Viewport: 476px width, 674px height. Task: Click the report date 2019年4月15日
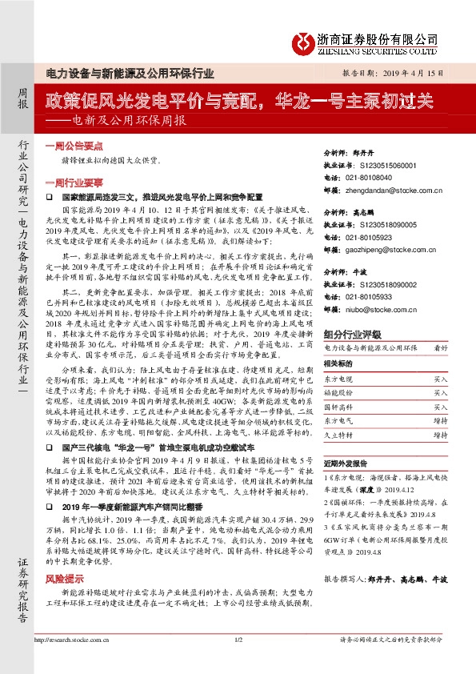point(422,71)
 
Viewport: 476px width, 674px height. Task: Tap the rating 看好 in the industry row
point(440,348)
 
